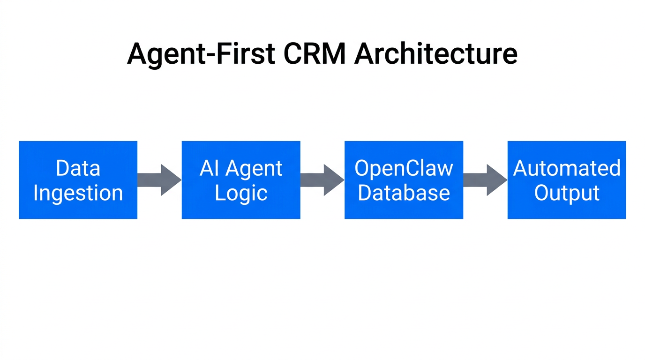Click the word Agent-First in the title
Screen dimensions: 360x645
coord(201,54)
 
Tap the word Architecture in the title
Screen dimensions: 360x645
coord(436,54)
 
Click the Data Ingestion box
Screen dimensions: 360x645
coord(78,180)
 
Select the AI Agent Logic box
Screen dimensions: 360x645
coord(241,180)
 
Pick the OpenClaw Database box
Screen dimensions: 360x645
coord(404,180)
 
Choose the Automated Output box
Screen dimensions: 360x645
coord(567,180)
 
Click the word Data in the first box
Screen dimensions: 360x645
coord(78,168)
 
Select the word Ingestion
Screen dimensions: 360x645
coord(78,193)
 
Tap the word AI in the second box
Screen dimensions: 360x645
coord(209,168)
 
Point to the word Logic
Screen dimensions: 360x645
coord(241,193)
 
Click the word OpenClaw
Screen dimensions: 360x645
coord(404,168)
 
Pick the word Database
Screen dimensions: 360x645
coord(404,193)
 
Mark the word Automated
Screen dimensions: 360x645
coord(567,168)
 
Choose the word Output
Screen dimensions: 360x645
coord(567,193)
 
